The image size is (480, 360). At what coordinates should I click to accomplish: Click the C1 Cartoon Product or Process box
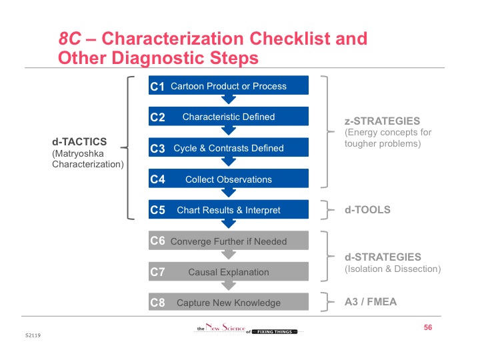tap(229, 86)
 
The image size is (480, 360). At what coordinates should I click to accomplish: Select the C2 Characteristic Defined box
tap(229, 117)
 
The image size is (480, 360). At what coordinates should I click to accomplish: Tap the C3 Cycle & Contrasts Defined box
tap(229, 148)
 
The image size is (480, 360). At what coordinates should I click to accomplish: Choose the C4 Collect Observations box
tap(229, 179)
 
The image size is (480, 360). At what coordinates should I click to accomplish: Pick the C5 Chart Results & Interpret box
tap(229, 210)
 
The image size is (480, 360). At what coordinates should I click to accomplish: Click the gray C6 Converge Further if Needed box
tap(229, 241)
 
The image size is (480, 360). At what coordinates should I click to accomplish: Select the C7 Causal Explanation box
tap(229, 271)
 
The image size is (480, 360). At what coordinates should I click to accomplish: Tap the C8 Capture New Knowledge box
tap(229, 303)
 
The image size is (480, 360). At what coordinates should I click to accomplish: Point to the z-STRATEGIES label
tap(382, 121)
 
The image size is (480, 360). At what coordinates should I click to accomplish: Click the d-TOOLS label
tap(367, 210)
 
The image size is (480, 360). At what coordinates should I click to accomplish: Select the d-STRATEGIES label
tap(383, 257)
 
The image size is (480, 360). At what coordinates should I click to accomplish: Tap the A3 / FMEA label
tap(370, 302)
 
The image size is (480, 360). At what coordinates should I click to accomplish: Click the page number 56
tap(428, 327)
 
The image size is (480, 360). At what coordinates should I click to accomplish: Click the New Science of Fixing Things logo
tap(247, 329)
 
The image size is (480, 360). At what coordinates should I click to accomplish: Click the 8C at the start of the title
tap(70, 39)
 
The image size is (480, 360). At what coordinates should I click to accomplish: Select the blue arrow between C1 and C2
tap(229, 100)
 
